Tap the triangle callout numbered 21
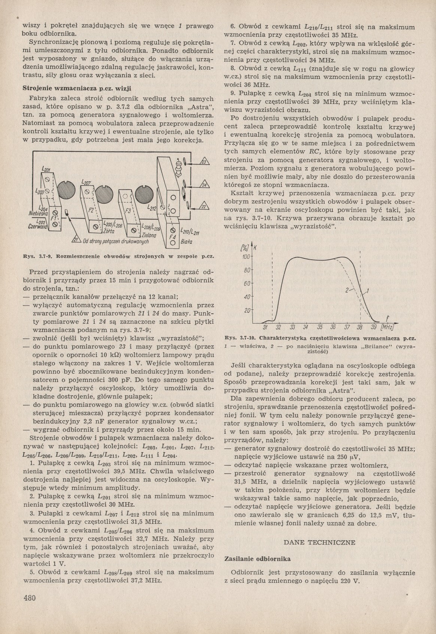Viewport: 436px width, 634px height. pyautogui.click(x=76, y=239)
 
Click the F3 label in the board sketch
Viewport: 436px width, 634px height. pyautogui.click(x=128, y=211)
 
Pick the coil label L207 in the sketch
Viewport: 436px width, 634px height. pyautogui.click(x=86, y=182)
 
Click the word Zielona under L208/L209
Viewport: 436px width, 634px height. pyautogui.click(x=149, y=235)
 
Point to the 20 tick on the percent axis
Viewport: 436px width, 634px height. pyautogui.click(x=247, y=310)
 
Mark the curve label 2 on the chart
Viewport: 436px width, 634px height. pyautogui.click(x=347, y=290)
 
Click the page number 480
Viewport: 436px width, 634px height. pyautogui.click(x=29, y=597)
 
